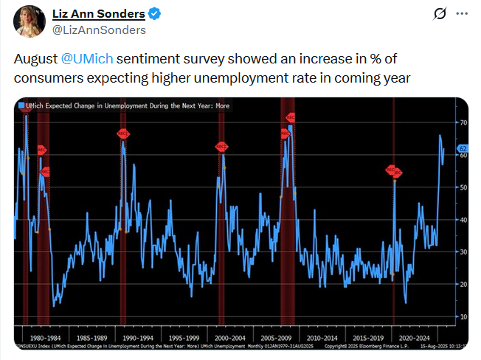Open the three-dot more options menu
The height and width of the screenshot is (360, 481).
tap(462, 15)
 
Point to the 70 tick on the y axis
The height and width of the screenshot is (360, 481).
tap(464, 122)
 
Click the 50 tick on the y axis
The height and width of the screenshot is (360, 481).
tap(464, 187)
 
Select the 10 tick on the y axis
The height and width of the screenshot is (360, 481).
tap(464, 316)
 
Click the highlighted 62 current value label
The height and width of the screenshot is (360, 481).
tap(464, 149)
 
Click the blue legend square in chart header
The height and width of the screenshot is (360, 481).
tap(21, 105)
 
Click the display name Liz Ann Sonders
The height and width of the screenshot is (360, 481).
tap(99, 14)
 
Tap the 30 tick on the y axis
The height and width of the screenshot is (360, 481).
tap(464, 252)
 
